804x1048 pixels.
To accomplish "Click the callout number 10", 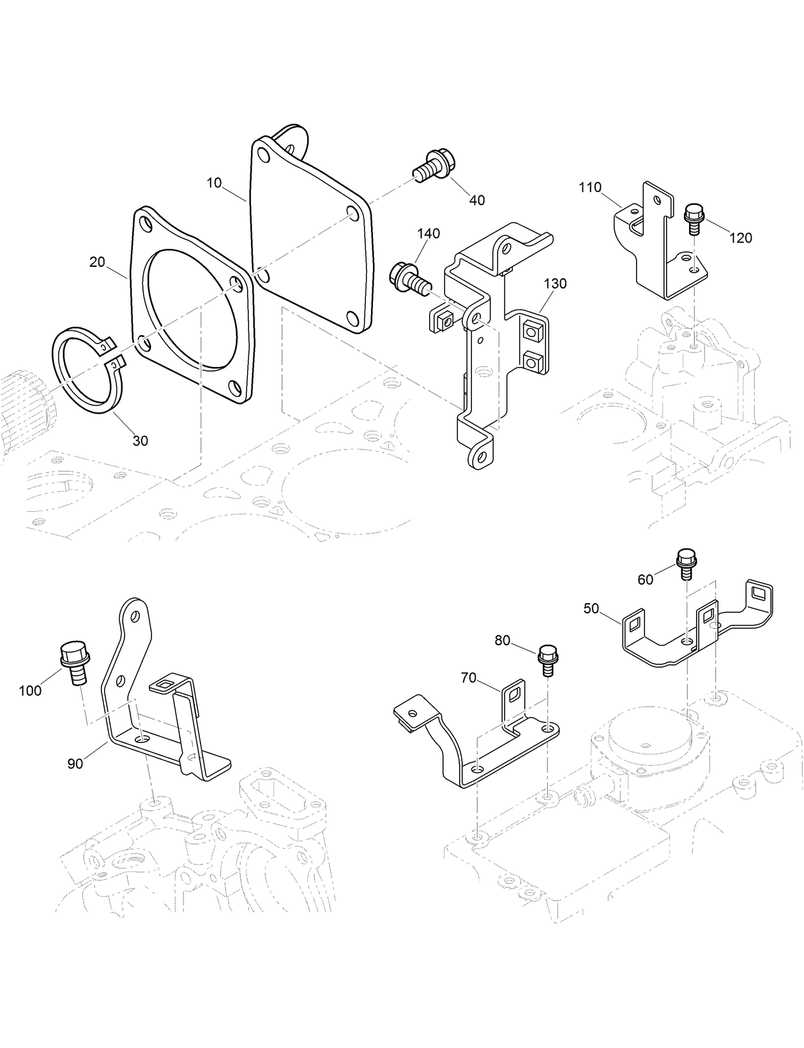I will coord(214,183).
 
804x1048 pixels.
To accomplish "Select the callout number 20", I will coord(97,262).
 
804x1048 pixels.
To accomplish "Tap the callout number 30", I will coord(140,440).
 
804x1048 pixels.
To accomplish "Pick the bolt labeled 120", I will coord(694,218).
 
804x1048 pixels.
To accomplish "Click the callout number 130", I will coord(555,283).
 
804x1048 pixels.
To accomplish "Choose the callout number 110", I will coord(590,188).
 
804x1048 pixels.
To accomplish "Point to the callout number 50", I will coord(591,608).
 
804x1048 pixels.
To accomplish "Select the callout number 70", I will coord(469,678).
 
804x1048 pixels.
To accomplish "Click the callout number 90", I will coord(75,763).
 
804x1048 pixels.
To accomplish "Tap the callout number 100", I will coord(30,691).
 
